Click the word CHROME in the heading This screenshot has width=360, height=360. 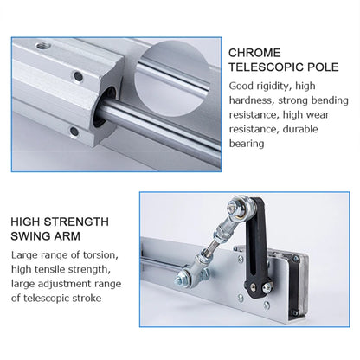point(254,54)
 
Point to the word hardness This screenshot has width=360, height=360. point(252,102)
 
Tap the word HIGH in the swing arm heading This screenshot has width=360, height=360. point(29,221)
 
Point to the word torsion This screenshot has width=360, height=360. point(107,254)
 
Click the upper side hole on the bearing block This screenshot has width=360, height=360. point(79,77)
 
